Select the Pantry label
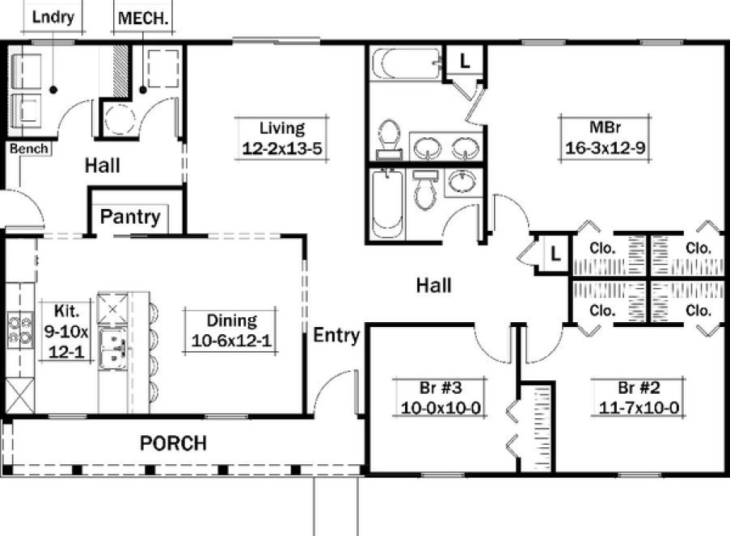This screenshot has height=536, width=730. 130,216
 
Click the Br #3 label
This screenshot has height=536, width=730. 441,387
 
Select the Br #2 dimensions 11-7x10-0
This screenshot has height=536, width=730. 639,408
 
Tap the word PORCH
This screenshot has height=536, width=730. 173,443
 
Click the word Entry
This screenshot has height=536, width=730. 336,335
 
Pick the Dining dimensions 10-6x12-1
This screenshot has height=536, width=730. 231,341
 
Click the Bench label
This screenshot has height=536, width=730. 29,149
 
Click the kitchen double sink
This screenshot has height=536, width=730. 112,347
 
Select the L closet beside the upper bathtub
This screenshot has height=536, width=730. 465,60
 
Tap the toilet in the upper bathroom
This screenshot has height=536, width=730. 390,136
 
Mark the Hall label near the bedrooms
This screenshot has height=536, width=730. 433,285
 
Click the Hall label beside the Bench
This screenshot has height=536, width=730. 103,166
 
